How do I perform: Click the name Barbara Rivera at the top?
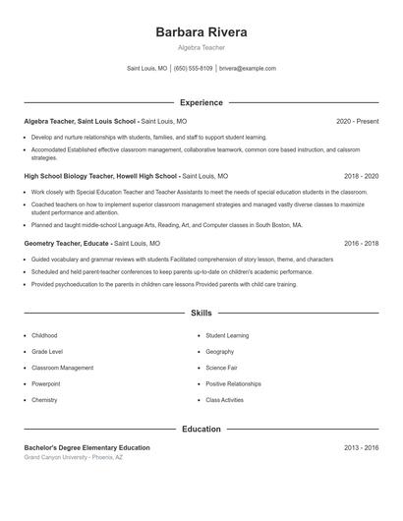201,32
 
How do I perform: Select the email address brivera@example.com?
247,69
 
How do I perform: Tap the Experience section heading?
201,102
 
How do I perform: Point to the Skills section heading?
201,314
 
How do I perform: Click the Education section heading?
201,430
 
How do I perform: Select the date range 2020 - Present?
357,121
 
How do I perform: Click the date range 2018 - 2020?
361,176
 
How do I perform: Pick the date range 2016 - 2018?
361,242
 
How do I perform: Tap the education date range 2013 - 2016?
361,448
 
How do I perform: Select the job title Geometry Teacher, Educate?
67,242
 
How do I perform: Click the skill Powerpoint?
46,383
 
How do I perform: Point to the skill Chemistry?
44,400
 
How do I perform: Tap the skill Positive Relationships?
233,383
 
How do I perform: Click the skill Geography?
219,351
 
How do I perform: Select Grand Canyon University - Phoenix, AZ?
74,458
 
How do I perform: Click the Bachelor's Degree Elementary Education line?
86,448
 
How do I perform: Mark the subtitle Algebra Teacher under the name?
201,47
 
